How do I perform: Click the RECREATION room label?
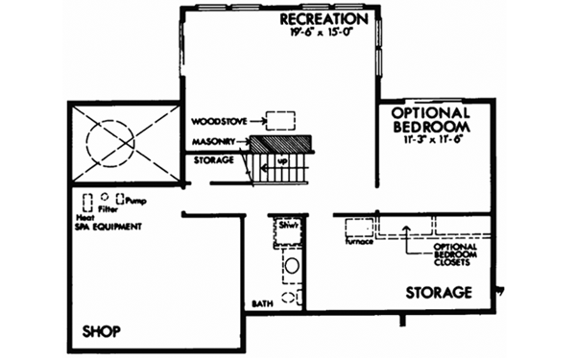coord(324,19)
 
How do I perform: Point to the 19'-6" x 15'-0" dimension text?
coord(324,34)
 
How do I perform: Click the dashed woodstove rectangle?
coord(279,121)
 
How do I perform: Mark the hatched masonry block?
coord(281,142)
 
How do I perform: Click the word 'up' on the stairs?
coord(281,161)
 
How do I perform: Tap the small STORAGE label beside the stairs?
coord(212,159)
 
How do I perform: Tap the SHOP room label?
coord(100,332)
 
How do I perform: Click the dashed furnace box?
coord(359,228)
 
